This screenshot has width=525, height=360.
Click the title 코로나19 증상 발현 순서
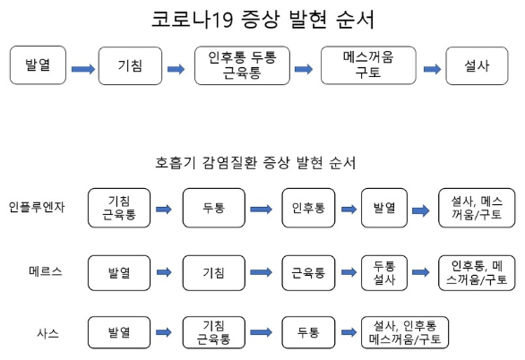coord(262,20)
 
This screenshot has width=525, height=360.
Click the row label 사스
coord(47,332)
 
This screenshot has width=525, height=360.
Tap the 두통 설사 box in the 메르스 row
coord(385,270)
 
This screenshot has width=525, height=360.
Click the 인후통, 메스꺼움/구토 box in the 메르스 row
coord(476,270)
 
